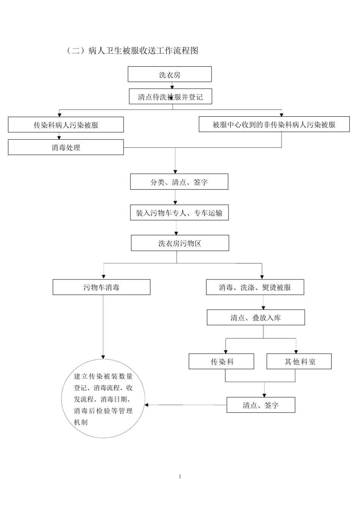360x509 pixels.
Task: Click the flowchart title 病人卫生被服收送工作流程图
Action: (132, 51)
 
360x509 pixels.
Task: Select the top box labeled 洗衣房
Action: (169, 75)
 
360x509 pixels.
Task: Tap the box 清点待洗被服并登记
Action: (170, 97)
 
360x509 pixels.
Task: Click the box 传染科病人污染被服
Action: (66, 125)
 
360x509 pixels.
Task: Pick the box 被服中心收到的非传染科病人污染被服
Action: (274, 125)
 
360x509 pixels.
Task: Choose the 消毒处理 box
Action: (66, 147)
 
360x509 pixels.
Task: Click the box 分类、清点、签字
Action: (179, 182)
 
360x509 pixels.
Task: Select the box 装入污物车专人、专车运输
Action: (179, 213)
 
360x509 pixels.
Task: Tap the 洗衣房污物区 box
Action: (180, 243)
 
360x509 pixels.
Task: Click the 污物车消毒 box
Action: (101, 287)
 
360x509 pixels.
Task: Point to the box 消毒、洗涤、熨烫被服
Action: (255, 287)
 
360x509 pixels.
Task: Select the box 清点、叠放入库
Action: (255, 318)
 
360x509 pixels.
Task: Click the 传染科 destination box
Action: (222, 362)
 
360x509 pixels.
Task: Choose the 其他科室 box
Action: (299, 362)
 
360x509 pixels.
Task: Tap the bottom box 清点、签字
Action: (261, 405)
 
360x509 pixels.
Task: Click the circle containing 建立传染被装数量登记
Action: (103, 399)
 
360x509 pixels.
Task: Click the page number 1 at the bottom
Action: (180, 476)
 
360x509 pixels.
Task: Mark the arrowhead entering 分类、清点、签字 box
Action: (175, 172)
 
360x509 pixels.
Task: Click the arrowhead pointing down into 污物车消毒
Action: (103, 277)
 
